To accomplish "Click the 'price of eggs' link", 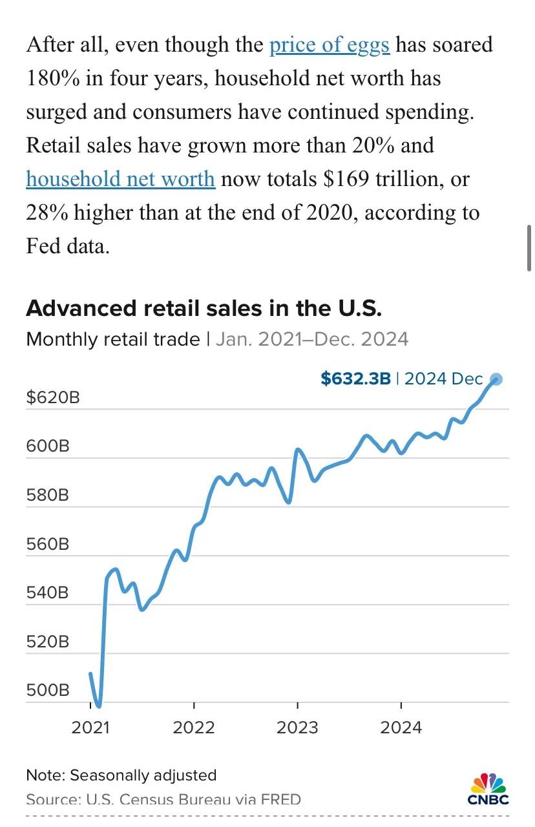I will (x=329, y=45).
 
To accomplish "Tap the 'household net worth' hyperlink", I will (x=120, y=178).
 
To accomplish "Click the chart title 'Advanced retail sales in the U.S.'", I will (x=204, y=308).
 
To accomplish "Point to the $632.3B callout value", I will (x=355, y=379).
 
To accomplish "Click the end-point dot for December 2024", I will (x=496, y=379).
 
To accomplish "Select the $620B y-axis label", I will (x=53, y=397).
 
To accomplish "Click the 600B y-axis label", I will (x=47, y=446).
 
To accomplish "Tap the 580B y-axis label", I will (x=47, y=496).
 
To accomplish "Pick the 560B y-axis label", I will (x=47, y=544).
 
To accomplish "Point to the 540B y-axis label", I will (x=47, y=593).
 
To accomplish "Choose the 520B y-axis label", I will (x=47, y=642).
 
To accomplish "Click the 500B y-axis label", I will (x=47, y=690).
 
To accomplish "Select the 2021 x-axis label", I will (x=90, y=728).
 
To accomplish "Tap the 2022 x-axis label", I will (x=194, y=728).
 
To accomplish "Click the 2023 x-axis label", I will (x=297, y=728).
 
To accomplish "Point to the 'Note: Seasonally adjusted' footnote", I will (x=121, y=775).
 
